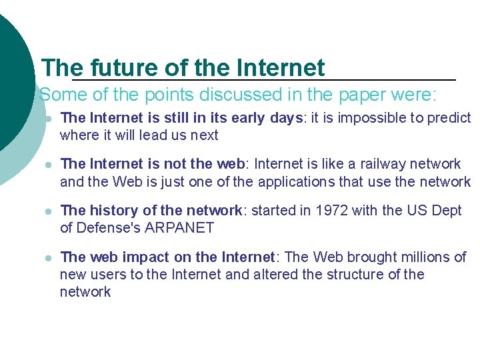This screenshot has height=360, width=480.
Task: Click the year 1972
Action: coord(332,211)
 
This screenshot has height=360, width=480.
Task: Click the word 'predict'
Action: coord(449,118)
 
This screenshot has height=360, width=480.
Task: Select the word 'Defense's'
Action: coord(109,228)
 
